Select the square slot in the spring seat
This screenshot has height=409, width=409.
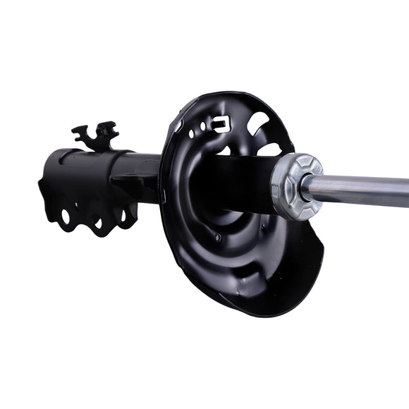tap(221, 125)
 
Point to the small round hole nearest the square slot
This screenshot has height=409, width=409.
tap(203, 127)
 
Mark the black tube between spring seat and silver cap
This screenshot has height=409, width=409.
tap(240, 182)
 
